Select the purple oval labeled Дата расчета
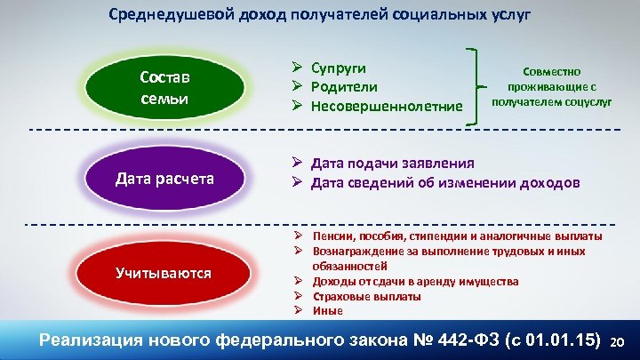click(164, 179)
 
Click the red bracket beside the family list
click(471, 86)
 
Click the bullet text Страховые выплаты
click(366, 296)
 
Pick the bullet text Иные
click(327, 310)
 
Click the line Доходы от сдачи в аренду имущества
click(415, 281)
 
